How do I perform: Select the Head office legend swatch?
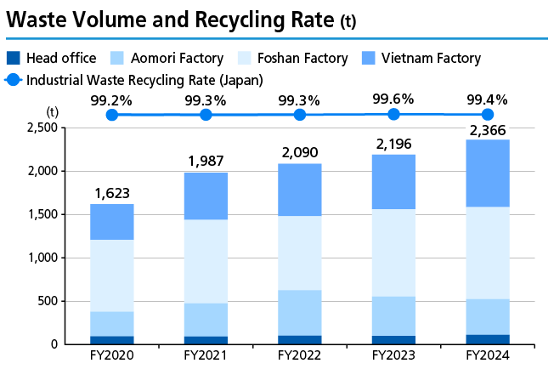point(13,59)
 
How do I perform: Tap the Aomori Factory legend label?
point(178,59)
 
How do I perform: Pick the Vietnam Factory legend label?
point(432,59)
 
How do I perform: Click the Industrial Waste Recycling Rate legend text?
point(144,80)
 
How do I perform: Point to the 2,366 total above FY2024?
point(487,130)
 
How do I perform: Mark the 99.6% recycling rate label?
point(393,99)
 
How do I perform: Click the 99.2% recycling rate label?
point(111,100)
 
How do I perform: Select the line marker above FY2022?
point(299,114)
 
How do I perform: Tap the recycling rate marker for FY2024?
point(487,114)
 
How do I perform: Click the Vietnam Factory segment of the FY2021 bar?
point(205,196)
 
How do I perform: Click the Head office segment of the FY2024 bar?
point(487,339)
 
